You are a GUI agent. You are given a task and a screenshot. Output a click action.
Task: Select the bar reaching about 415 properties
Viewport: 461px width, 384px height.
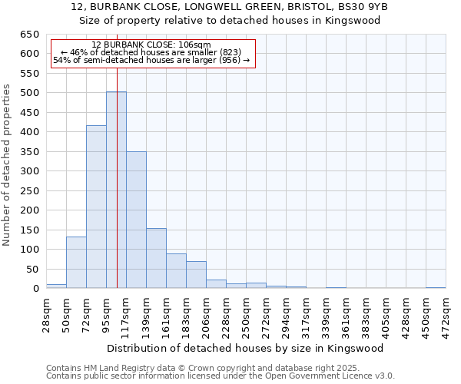click(96, 207)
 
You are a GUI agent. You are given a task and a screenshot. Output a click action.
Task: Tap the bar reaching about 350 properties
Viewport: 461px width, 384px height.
click(136, 220)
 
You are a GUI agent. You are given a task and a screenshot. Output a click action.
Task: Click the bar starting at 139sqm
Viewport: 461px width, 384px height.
click(156, 258)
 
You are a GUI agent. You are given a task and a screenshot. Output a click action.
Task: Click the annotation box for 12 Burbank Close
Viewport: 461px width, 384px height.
click(151, 53)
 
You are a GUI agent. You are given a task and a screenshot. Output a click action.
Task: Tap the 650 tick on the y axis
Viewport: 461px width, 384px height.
click(29, 35)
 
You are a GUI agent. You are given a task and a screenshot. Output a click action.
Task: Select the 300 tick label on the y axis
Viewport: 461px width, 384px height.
click(29, 171)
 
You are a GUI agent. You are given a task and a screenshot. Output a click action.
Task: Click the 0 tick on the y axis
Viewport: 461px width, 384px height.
click(35, 289)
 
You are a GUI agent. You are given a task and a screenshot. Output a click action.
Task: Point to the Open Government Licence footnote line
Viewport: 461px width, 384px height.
click(221, 376)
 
